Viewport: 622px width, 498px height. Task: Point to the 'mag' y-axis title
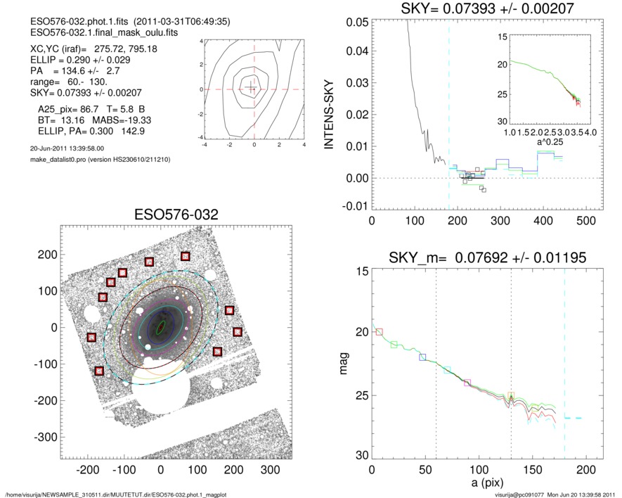344,363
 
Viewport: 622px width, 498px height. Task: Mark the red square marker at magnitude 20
380,332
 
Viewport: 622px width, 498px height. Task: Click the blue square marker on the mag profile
423,357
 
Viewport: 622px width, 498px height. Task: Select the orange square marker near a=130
512,396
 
